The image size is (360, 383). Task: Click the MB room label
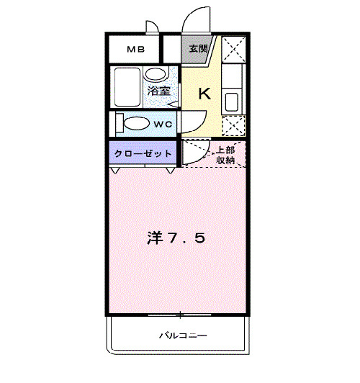pyautogui.click(x=136, y=50)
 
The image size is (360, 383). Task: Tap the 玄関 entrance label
pyautogui.click(x=198, y=49)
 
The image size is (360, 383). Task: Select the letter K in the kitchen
pyautogui.click(x=204, y=94)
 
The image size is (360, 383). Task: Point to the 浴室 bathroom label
pyautogui.click(x=158, y=91)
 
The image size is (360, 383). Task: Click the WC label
pyautogui.click(x=163, y=125)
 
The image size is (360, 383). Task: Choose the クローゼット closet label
pyautogui.click(x=143, y=153)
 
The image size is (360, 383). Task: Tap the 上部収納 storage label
pyautogui.click(x=225, y=155)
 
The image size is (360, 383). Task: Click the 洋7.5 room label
pyautogui.click(x=176, y=238)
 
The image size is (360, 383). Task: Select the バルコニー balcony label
pyautogui.click(x=183, y=335)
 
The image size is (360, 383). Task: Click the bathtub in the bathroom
pyautogui.click(x=127, y=86)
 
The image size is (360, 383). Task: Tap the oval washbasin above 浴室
pyautogui.click(x=156, y=73)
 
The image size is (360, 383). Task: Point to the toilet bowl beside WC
pyautogui.click(x=137, y=124)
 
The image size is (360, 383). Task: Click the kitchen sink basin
pyautogui.click(x=232, y=102)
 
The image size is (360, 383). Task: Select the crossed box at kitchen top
pyautogui.click(x=234, y=50)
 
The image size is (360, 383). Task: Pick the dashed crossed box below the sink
pyautogui.click(x=234, y=125)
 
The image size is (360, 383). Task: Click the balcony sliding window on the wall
pyautogui.click(x=180, y=315)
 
